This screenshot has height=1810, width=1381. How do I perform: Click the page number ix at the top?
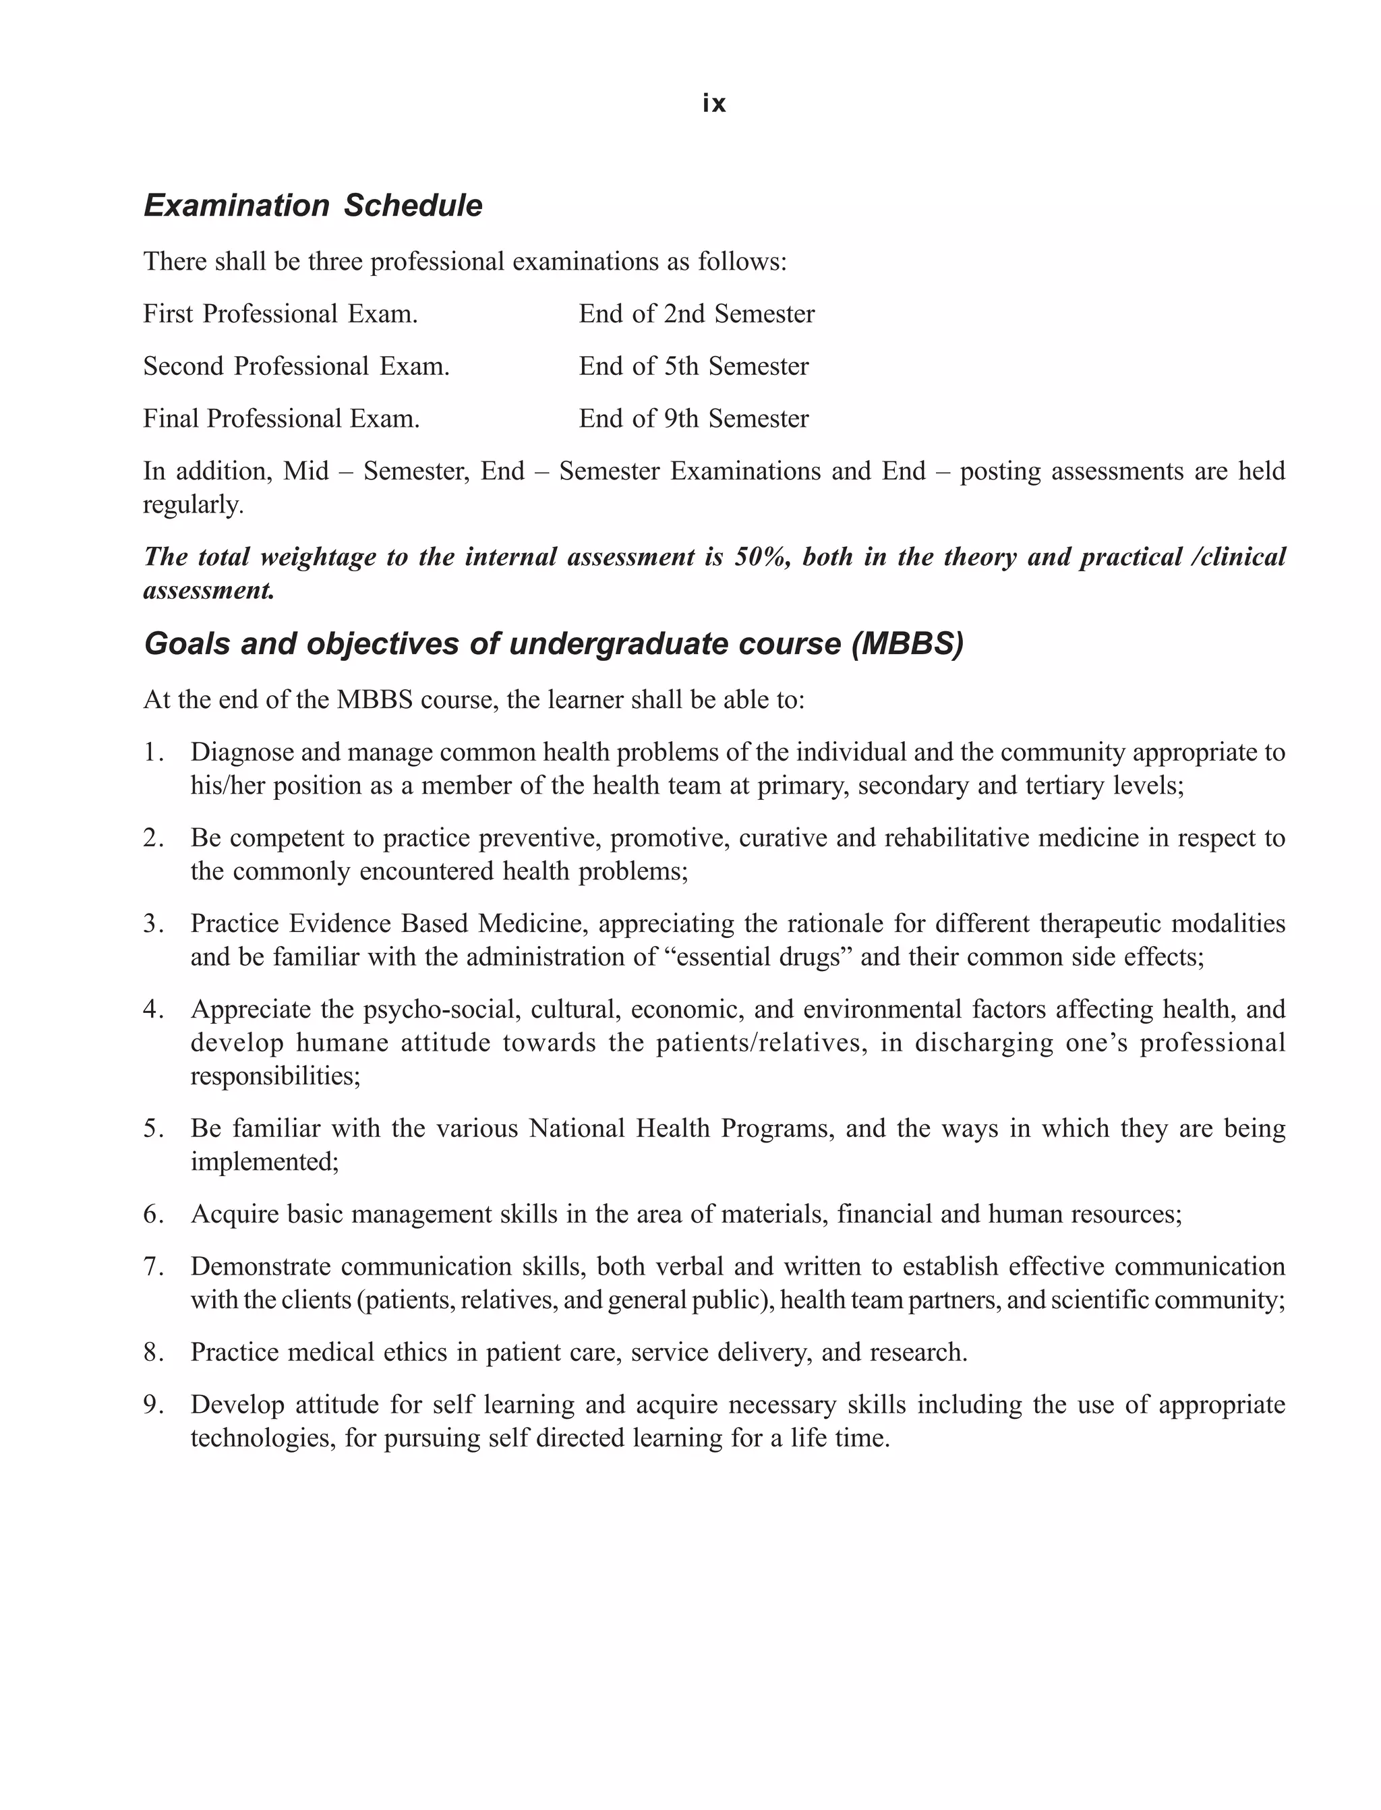click(713, 104)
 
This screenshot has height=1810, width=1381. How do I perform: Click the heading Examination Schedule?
click(313, 206)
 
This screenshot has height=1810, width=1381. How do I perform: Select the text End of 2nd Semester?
click(697, 314)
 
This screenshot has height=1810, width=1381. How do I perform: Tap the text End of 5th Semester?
click(693, 367)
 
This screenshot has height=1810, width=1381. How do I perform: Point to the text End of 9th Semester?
click(693, 419)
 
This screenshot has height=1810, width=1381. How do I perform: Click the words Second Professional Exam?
click(296, 367)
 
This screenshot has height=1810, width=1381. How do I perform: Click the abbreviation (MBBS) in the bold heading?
click(907, 643)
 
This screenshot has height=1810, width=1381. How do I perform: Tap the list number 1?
click(153, 753)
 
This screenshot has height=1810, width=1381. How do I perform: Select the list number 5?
click(153, 1129)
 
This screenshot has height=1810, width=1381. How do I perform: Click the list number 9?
click(153, 1405)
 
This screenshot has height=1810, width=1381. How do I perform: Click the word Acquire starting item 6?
click(234, 1214)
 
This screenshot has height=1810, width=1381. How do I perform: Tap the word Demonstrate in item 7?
click(260, 1266)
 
